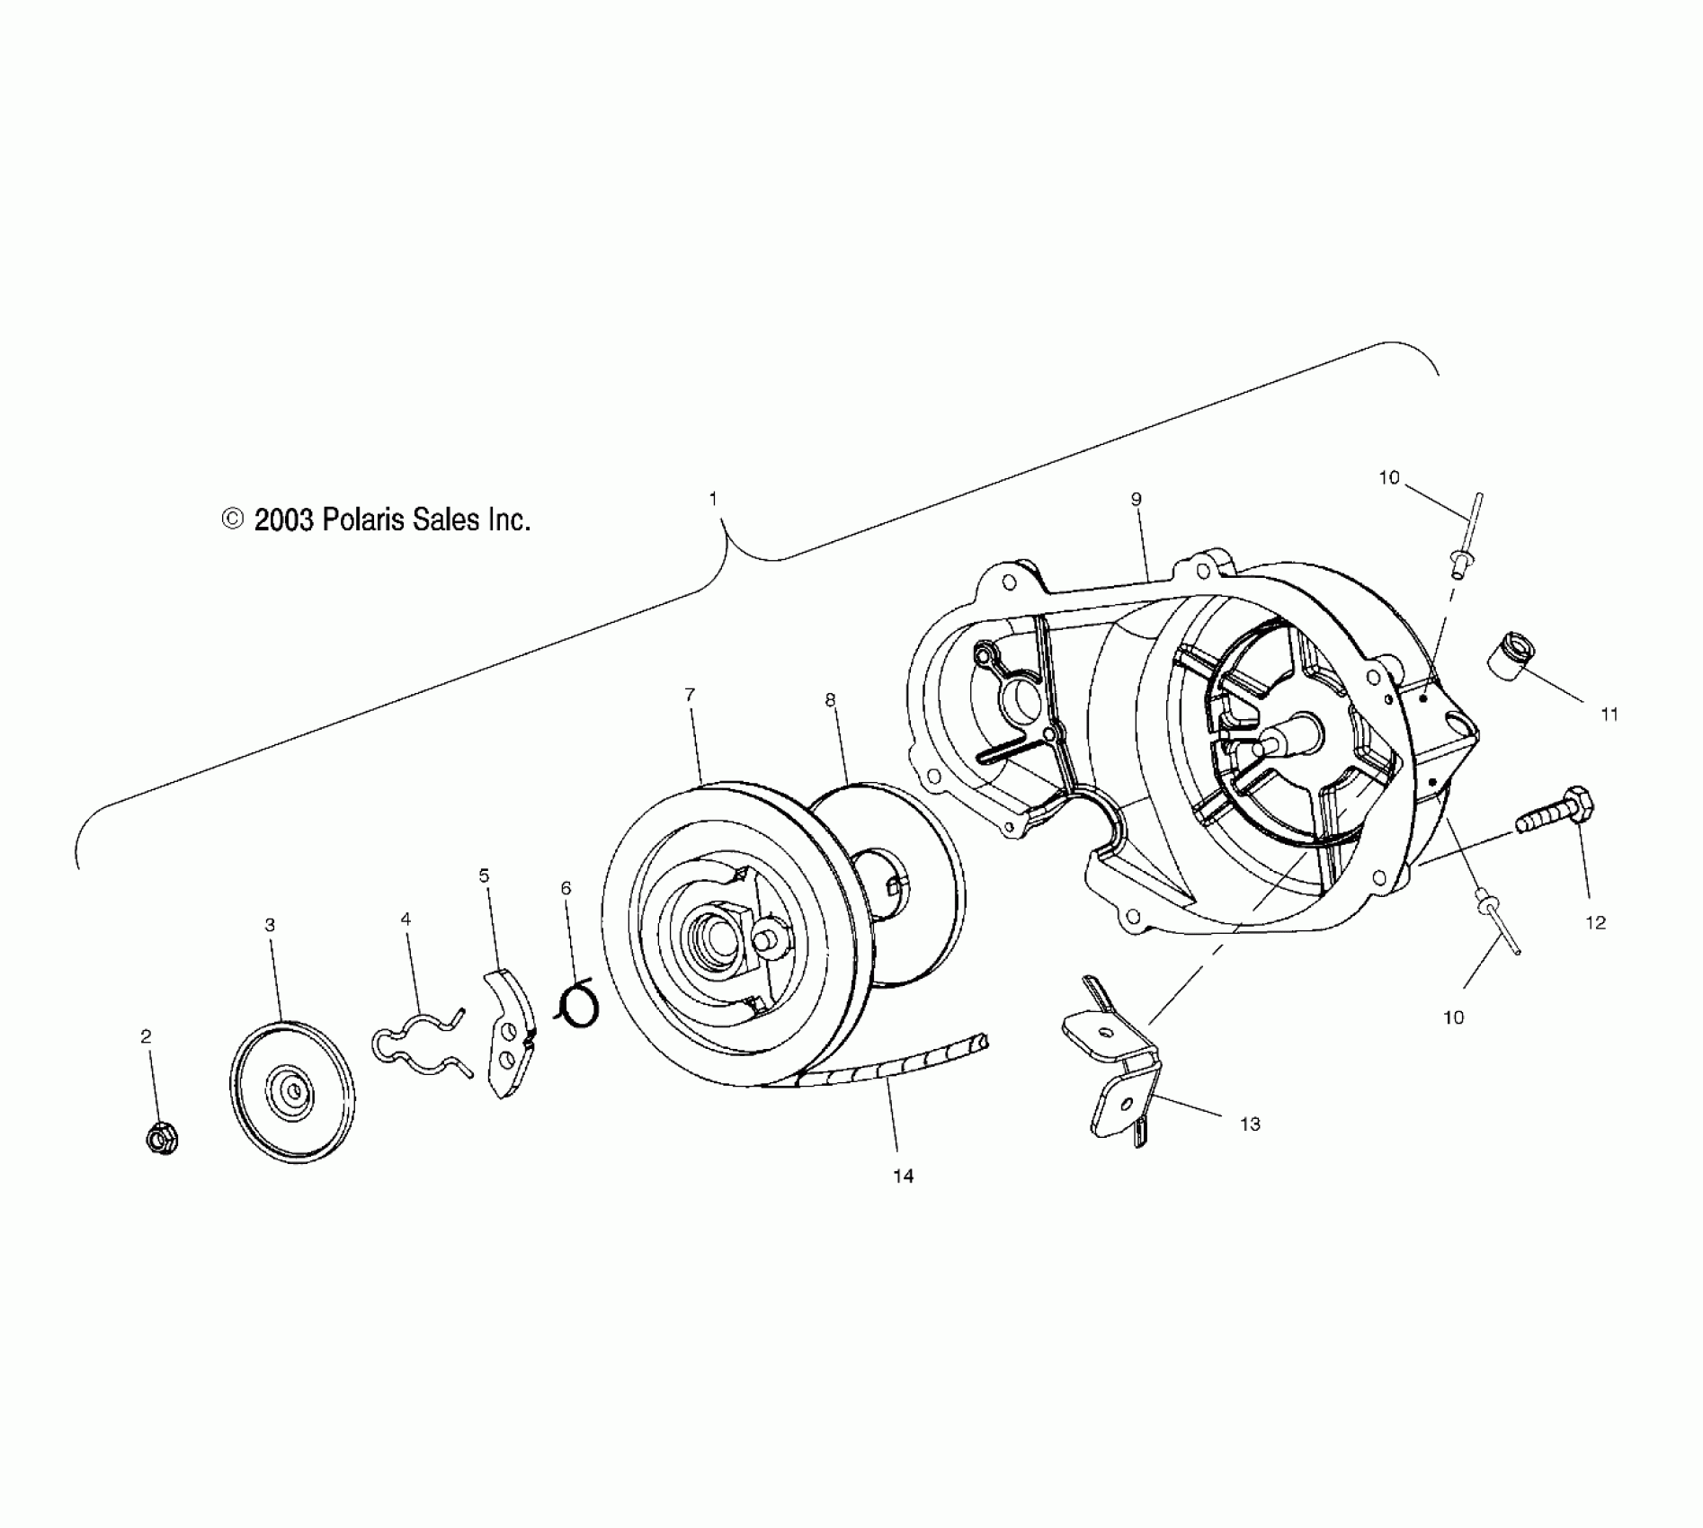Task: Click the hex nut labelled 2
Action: point(161,1140)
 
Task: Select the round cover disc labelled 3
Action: point(292,1091)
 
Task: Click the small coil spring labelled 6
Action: point(576,1003)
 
